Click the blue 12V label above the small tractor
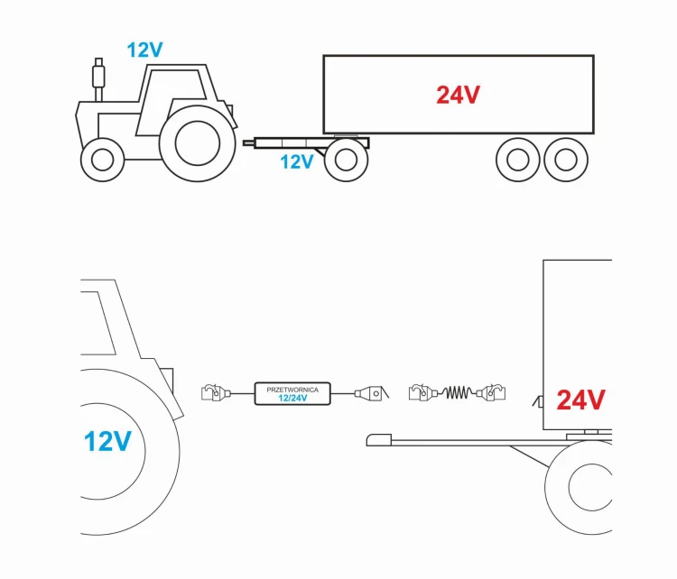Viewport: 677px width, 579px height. (x=144, y=50)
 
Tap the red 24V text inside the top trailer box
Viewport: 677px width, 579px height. (x=458, y=95)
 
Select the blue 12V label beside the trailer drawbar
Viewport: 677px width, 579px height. (x=297, y=161)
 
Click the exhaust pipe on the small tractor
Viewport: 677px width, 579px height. (x=99, y=79)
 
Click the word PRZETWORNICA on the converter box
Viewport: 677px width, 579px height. (x=292, y=390)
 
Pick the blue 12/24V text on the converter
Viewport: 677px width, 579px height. (x=292, y=398)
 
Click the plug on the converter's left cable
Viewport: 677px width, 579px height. (x=216, y=392)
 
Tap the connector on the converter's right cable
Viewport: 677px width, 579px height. (x=370, y=393)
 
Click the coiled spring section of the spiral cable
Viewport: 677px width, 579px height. (x=458, y=392)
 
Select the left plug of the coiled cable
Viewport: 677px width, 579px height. (x=422, y=392)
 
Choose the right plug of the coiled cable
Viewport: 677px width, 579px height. (x=491, y=392)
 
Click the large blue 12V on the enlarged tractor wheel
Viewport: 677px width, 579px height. (x=107, y=441)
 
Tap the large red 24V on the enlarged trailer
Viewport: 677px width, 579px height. (x=580, y=400)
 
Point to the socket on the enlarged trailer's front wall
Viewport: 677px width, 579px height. (x=538, y=401)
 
